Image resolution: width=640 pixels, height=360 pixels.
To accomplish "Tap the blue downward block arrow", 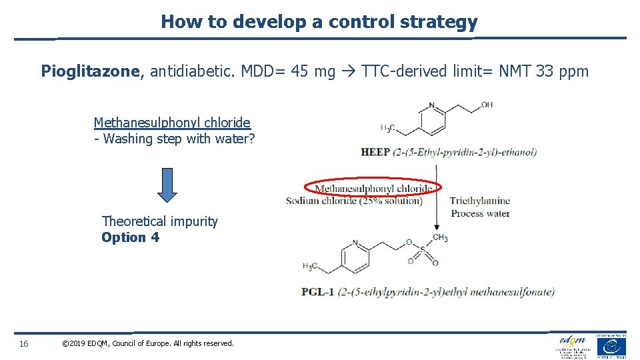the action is pos(167,183).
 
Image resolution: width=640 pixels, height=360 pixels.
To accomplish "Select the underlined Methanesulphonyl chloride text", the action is pos(172,123).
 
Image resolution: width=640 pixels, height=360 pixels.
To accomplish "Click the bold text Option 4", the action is pos(130,237).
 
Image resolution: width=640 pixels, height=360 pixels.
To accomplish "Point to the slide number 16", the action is pos(24,343).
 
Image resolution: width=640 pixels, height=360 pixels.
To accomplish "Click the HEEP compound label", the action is pos(375,152).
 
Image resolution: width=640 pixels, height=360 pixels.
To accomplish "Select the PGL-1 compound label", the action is pos(318,291).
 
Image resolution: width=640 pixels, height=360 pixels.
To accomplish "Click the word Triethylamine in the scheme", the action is pos(479,201).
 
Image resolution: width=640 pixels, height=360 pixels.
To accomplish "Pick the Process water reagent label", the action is pos(480,213).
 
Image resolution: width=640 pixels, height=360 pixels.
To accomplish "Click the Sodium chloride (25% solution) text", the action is pos(354,201).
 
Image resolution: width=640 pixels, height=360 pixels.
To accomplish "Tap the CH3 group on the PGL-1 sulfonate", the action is pos(440,237).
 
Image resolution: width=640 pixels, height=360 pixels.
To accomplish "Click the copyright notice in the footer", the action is pos(147,343).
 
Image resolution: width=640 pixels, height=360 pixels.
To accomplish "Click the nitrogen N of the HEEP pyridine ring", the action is pos(432,105).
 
